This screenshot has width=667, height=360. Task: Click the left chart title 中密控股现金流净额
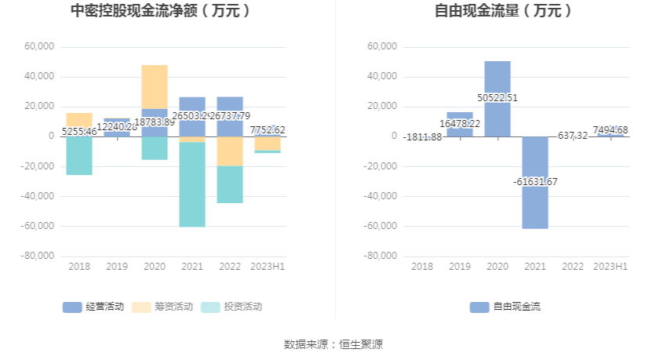161,11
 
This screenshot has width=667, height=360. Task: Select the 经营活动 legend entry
93,307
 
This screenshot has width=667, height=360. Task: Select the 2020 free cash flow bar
498,78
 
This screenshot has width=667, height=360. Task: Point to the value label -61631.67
535,182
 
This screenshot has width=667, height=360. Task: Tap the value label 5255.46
78,132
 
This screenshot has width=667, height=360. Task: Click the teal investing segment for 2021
192,184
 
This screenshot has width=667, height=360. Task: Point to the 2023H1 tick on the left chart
268,267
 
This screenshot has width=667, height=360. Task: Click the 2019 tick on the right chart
460,267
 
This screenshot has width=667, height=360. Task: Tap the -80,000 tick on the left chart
39,256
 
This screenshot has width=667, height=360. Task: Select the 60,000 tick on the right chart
382,47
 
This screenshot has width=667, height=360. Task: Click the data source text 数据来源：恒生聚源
333,344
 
